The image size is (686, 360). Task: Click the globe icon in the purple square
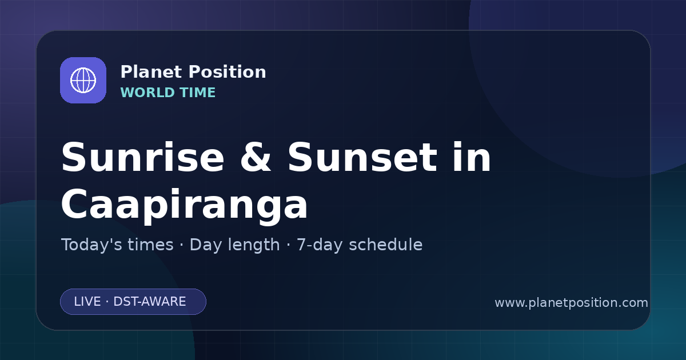[x=83, y=80]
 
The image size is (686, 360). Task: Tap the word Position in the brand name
[x=228, y=72]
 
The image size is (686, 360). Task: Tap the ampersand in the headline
[x=256, y=157]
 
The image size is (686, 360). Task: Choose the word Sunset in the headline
[x=362, y=157]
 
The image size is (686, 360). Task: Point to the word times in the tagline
[x=150, y=245]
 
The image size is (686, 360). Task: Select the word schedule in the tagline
[x=386, y=245]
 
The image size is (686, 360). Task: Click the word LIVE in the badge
[x=87, y=302]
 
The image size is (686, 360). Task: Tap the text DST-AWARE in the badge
[x=149, y=302]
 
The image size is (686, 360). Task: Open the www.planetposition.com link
[x=571, y=303]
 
